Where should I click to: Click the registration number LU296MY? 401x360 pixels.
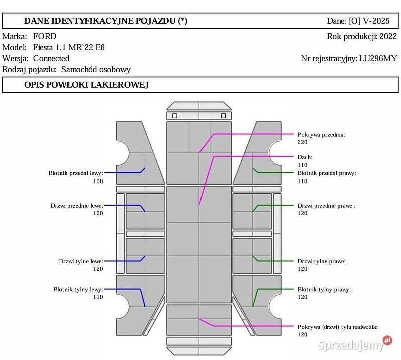point(378,58)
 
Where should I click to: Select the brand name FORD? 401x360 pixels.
point(45,36)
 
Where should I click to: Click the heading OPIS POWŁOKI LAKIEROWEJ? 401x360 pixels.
point(86,85)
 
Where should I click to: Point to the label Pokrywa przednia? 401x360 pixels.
point(321,135)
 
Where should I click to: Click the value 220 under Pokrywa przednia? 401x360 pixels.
point(303,142)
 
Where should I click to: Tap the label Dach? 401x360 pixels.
point(305,157)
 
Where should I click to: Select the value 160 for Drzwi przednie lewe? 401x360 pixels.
point(98,213)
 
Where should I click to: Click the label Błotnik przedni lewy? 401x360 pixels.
point(75,173)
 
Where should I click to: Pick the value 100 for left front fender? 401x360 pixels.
point(98,181)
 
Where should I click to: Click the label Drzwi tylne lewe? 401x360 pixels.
point(81,261)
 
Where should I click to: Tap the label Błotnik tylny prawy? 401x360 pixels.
point(324,289)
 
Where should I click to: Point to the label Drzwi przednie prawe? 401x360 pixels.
point(326,205)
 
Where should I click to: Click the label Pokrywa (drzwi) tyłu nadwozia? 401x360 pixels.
point(337,327)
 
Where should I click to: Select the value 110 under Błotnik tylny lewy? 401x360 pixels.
point(98,297)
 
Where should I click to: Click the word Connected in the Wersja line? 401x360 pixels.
point(51,58)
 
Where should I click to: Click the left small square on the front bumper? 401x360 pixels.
point(175,116)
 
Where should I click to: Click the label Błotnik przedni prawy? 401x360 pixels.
point(327,173)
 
